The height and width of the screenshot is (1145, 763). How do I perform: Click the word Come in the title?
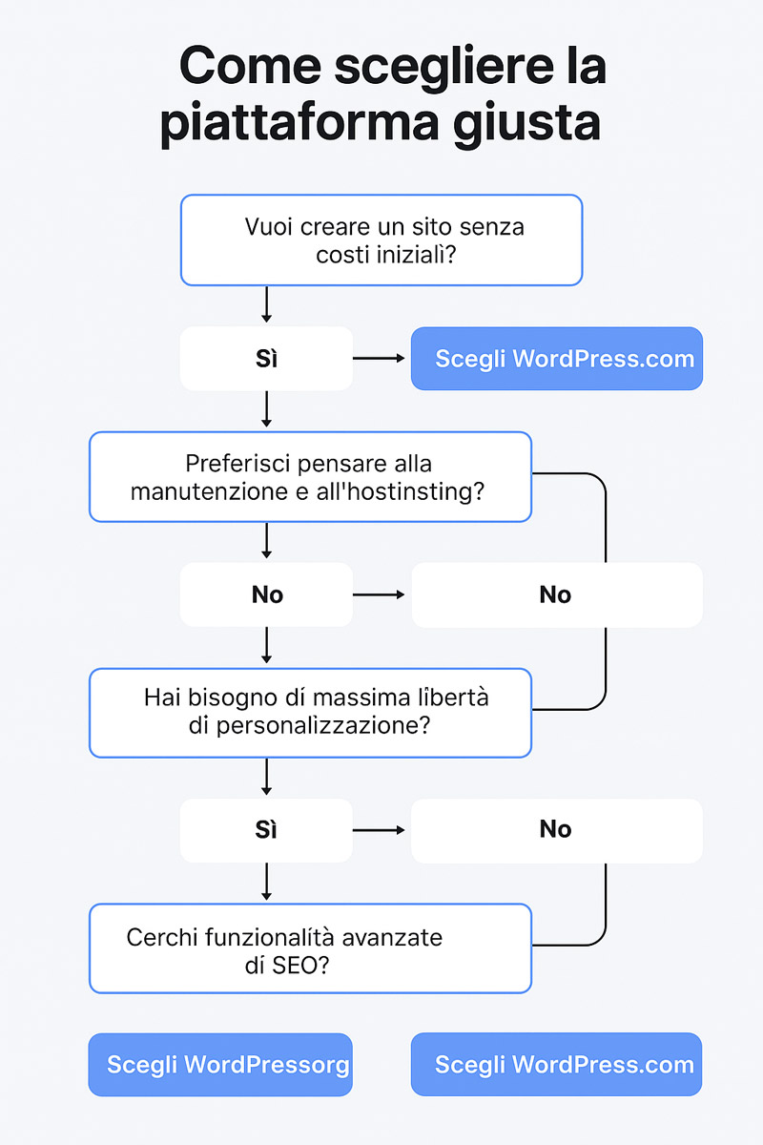point(250,66)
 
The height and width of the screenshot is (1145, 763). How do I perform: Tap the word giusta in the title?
point(526,123)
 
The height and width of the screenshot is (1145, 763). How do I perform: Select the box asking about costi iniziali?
point(381,239)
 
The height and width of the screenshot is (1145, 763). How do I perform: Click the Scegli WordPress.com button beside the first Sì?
point(557,359)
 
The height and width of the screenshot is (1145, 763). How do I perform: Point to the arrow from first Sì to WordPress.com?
point(379,359)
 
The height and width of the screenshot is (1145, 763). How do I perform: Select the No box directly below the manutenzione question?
point(266,594)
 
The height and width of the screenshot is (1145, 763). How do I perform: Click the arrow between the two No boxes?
point(379,594)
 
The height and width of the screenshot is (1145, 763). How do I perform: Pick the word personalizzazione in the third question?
point(323,726)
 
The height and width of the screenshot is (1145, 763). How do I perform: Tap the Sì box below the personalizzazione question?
point(266,830)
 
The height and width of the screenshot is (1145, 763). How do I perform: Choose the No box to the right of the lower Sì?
point(557,831)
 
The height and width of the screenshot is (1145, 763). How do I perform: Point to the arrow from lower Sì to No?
point(379,830)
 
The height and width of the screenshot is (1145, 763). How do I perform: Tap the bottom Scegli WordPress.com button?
point(556,1064)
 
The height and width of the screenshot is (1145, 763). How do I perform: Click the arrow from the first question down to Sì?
point(266,304)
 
